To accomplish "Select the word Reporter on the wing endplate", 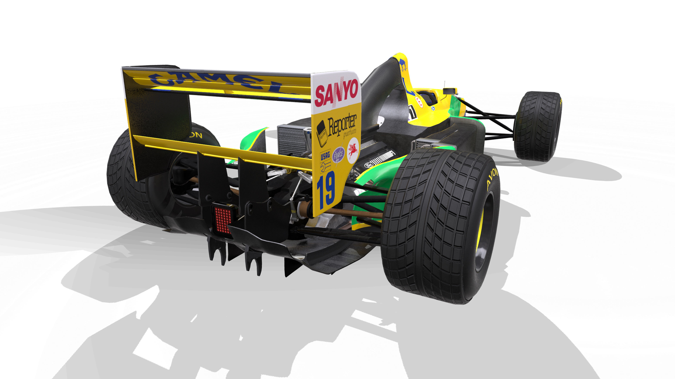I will pyautogui.click(x=342, y=126).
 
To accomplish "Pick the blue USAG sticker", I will pyautogui.click(x=325, y=156).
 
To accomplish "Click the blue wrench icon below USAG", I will pyautogui.click(x=325, y=167).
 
